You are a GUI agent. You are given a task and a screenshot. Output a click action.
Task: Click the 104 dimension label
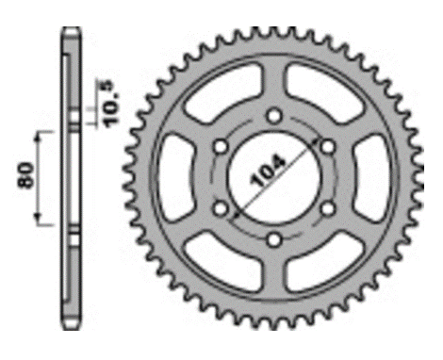point(268,171)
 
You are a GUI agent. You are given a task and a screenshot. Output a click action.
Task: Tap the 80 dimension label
point(26,175)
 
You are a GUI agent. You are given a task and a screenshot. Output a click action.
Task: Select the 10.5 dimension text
point(112,104)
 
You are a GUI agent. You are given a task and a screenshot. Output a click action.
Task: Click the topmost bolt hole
point(274,116)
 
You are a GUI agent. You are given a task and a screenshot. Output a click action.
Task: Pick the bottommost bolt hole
point(274,240)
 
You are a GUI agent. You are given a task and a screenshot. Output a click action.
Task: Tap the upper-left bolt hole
point(221,147)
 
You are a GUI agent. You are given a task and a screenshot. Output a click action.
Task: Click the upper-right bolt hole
point(328,147)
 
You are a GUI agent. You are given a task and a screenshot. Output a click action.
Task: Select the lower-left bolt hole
point(221,208)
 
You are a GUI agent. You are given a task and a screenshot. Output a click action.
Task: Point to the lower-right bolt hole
point(328,208)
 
